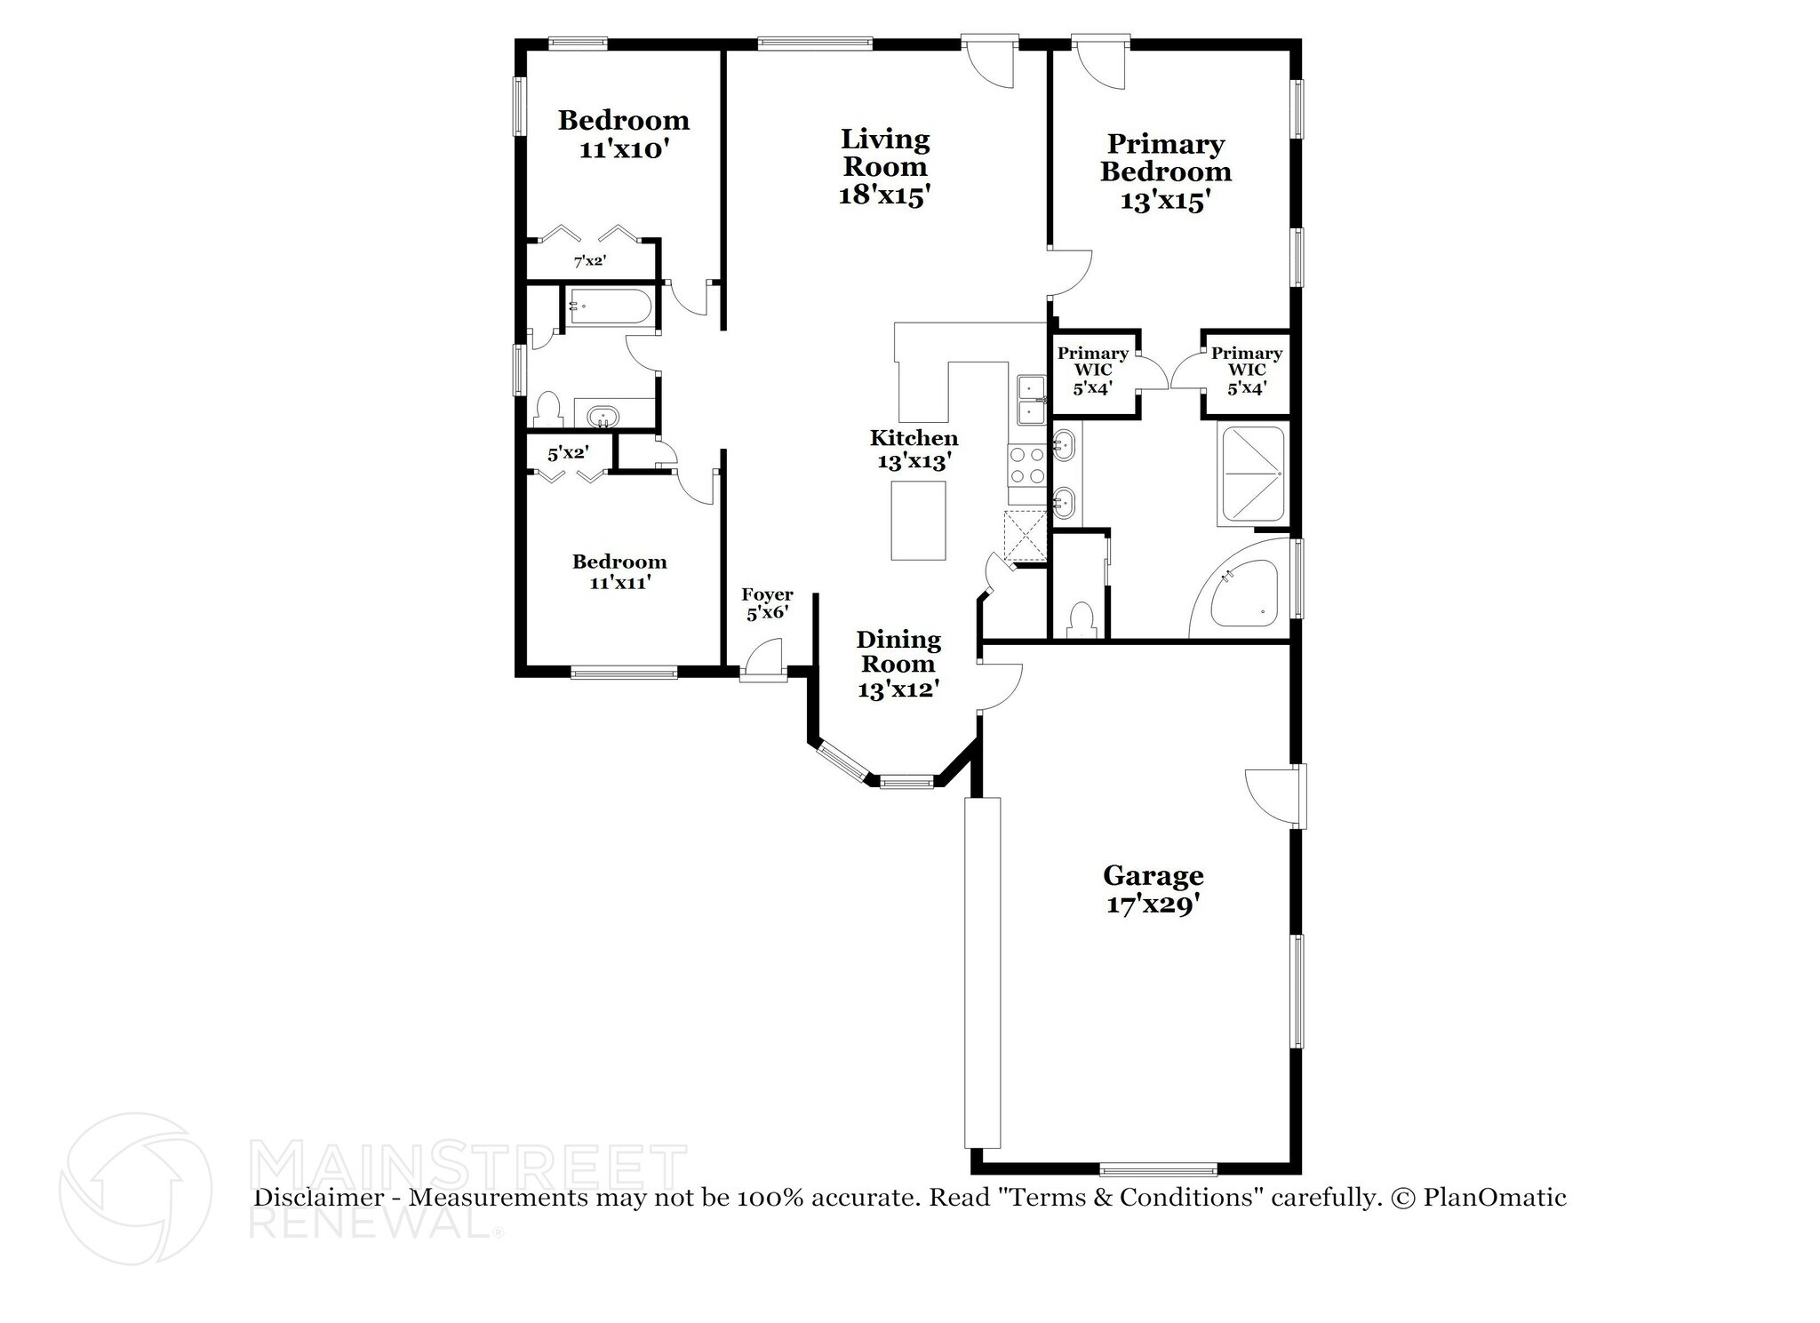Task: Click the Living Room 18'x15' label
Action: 884,167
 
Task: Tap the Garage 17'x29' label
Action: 1153,890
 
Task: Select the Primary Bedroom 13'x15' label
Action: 1165,171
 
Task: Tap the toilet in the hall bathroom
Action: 547,410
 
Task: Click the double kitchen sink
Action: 1031,401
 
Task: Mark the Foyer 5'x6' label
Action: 767,603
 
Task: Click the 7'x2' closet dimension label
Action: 589,261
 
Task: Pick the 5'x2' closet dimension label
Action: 567,454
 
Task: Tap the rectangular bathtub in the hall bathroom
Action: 610,307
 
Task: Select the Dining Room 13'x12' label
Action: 898,664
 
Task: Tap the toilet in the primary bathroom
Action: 1081,619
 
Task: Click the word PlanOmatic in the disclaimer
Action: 1494,1198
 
